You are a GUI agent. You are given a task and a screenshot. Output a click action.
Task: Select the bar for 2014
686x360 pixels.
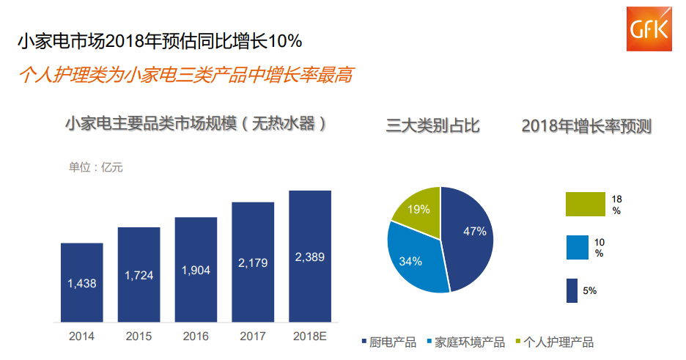point(81,282)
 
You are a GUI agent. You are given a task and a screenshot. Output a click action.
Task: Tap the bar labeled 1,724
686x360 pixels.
point(139,274)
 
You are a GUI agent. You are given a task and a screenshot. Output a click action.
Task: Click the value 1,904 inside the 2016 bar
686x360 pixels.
point(196,271)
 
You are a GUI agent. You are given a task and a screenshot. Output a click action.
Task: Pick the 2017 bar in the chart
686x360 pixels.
point(253,262)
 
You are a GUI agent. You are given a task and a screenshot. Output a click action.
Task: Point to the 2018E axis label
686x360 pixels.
point(310,337)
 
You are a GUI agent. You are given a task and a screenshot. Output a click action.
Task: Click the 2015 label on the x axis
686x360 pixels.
point(139,337)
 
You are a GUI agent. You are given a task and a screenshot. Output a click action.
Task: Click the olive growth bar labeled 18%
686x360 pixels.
point(586,205)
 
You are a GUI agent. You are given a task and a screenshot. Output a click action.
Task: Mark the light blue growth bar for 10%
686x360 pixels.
point(577,248)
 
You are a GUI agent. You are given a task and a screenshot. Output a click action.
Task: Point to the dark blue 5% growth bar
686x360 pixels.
point(572,291)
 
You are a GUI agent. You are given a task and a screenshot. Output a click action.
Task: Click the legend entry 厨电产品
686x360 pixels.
point(388,342)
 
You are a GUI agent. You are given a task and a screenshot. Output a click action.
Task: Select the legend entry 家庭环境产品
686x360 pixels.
point(465,342)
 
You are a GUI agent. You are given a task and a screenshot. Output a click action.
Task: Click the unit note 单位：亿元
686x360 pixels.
point(96,167)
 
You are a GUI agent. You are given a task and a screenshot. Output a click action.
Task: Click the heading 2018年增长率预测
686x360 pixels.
point(586,126)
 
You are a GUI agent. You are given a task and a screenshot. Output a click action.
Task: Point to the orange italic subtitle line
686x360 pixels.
point(185,75)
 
